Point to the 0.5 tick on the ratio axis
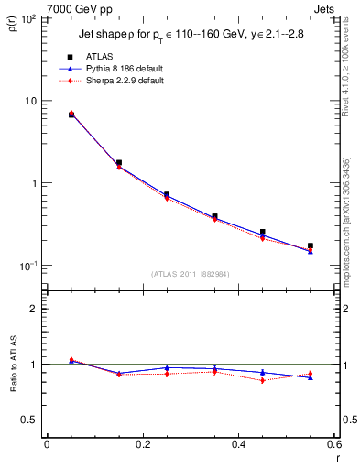(27, 420)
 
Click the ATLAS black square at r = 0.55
(311, 246)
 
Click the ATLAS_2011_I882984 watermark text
(190, 274)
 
